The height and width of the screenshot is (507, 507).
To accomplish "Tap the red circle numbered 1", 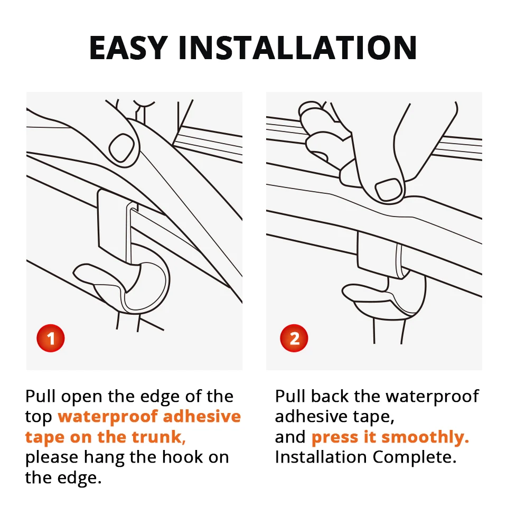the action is [51, 338].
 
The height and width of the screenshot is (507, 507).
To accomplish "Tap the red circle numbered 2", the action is [294, 338].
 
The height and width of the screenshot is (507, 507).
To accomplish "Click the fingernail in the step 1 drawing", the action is [122, 147].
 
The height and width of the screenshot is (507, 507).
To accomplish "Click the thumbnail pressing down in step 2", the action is [389, 190].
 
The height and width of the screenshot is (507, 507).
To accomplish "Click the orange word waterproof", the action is [108, 417].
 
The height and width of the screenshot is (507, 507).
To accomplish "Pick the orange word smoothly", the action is [425, 437].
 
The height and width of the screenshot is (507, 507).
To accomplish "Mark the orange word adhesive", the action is [202, 417].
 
